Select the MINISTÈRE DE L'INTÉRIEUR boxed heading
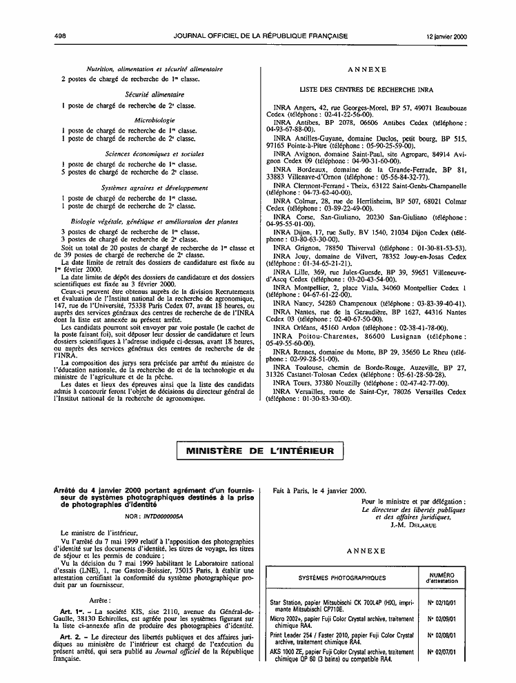pos(257,451)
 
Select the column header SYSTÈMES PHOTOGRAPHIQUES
pos(341,577)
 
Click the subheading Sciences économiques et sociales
pos(155,153)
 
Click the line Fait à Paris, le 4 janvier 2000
pos(319,491)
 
